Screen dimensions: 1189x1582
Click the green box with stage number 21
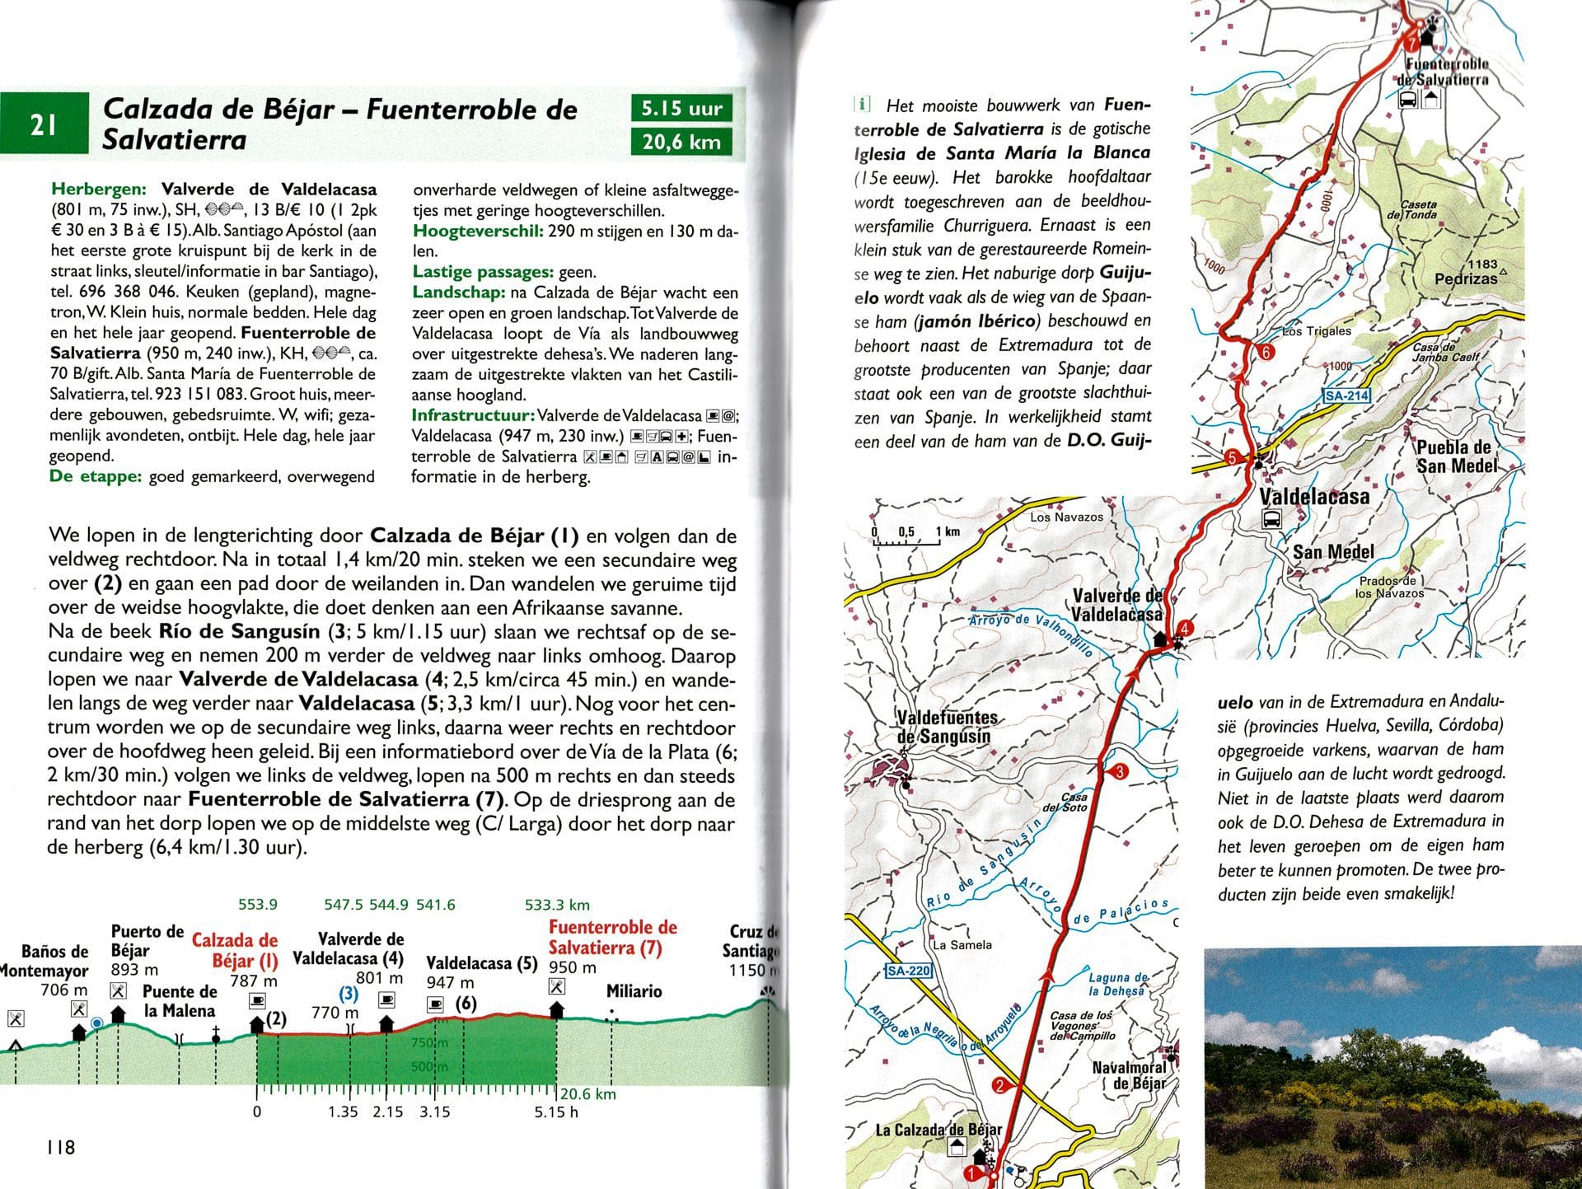point(44,124)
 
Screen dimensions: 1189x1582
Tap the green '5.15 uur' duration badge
point(681,108)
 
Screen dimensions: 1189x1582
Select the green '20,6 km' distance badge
point(681,142)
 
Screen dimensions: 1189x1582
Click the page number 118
point(60,1147)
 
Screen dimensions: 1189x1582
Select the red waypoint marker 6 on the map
point(1267,353)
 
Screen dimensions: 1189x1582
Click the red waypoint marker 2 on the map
point(999,1085)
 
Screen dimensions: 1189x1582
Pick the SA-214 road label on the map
point(1346,396)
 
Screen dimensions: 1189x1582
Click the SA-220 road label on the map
point(908,971)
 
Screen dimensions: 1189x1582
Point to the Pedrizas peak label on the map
point(1466,278)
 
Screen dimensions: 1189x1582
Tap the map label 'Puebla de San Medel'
point(1454,456)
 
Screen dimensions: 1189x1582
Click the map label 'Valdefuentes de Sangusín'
point(946,728)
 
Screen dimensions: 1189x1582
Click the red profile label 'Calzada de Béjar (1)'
point(235,950)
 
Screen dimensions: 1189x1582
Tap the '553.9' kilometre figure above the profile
point(258,905)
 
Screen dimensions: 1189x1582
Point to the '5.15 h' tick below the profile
point(556,1112)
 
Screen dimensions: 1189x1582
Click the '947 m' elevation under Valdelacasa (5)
point(450,982)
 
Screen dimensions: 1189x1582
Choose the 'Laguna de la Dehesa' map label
point(1117,984)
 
